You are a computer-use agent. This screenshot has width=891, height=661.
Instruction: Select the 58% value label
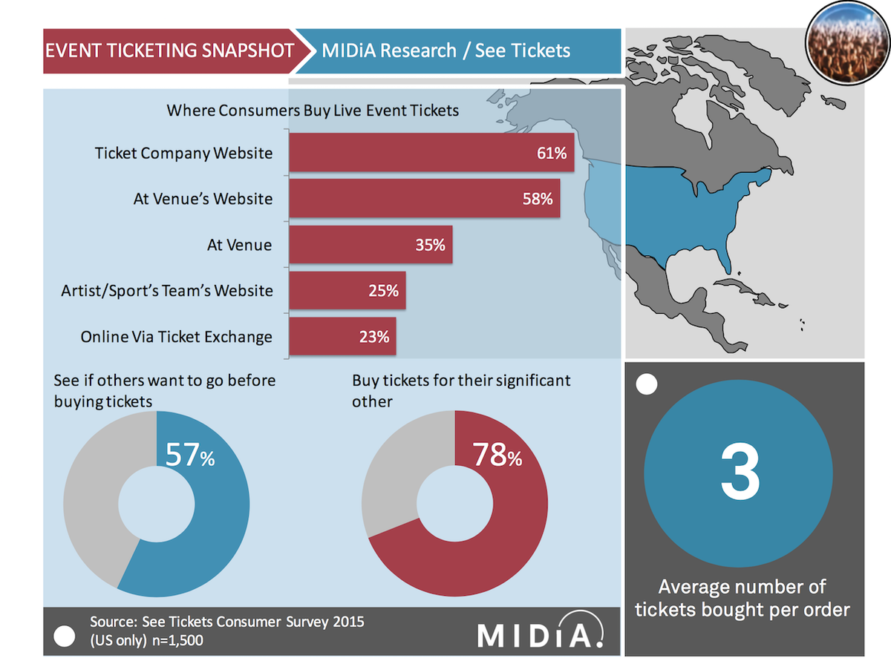coord(536,199)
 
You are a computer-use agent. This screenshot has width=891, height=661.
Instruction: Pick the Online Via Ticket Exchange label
coord(177,337)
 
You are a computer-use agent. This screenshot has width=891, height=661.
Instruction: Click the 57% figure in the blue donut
coord(189,456)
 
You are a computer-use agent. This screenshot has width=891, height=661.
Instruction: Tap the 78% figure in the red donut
coord(497,456)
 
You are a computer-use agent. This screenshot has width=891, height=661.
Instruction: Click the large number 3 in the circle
coord(740,473)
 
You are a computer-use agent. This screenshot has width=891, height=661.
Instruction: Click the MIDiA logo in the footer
coord(540,634)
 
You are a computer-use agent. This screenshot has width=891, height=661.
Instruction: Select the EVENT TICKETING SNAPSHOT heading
coord(169,50)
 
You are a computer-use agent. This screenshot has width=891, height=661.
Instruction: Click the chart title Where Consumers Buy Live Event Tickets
coord(313,111)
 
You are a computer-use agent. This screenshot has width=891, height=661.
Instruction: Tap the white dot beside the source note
coord(65,635)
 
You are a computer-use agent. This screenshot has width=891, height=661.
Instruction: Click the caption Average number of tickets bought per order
coord(742,598)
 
